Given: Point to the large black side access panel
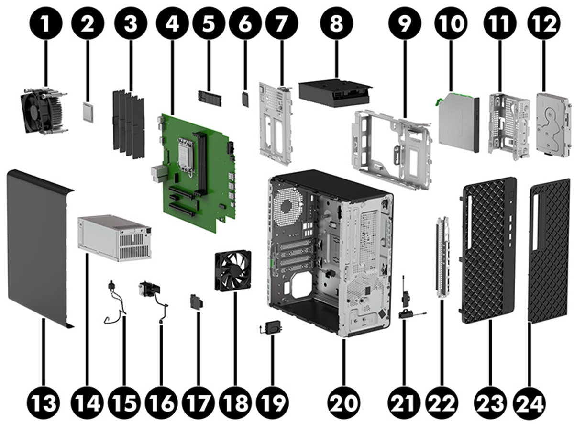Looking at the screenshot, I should (38, 249).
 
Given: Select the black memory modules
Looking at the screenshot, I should (128, 123).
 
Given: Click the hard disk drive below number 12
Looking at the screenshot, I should (554, 123).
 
